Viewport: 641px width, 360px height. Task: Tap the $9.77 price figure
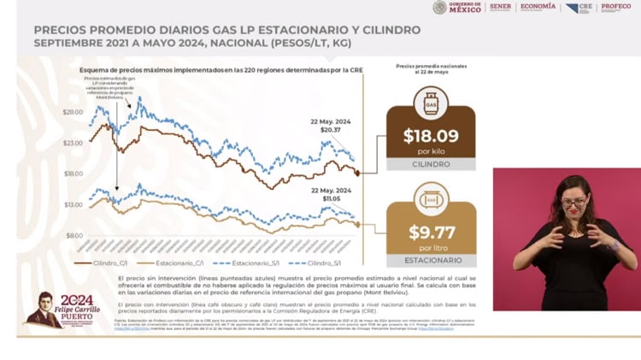[431, 233]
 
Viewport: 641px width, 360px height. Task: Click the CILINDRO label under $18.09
[431, 163]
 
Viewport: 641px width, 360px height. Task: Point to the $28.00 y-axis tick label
[74, 113]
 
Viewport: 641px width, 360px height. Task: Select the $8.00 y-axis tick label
[75, 235]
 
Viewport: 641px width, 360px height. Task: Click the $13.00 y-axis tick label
[74, 204]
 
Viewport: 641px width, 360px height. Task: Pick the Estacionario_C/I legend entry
[174, 263]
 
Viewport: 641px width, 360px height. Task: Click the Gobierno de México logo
[458, 8]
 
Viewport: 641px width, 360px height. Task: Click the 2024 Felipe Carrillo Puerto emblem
[64, 310]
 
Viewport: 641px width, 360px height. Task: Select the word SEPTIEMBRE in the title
[75, 42]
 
